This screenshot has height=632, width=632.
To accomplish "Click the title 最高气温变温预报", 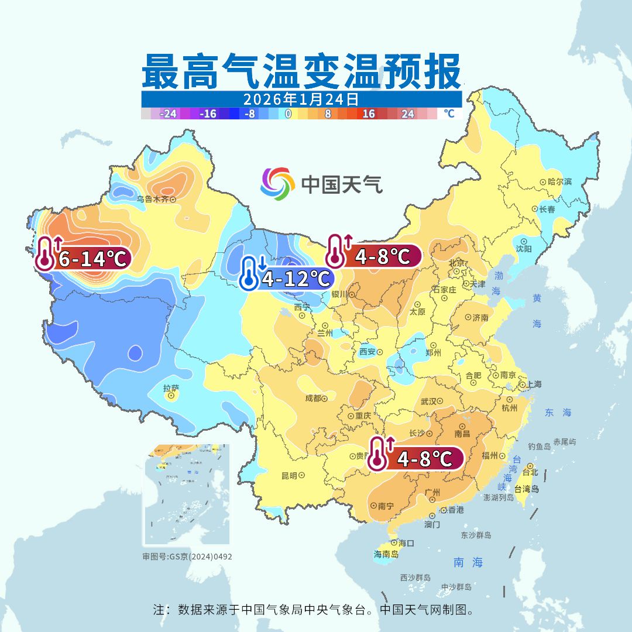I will tap(301, 71).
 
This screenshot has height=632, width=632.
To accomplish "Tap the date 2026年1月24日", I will tap(301, 98).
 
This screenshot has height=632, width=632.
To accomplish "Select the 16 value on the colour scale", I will tap(368, 114).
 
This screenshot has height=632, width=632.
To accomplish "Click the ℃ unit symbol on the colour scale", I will tap(449, 114).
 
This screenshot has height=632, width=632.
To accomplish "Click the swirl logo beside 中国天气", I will tap(277, 184).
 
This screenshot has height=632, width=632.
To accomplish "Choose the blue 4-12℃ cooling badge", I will tap(287, 278).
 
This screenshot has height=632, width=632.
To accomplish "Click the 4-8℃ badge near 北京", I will tap(375, 256).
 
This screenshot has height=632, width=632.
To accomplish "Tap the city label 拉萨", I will tap(171, 387).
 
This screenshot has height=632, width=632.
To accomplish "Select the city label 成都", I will tap(313, 399).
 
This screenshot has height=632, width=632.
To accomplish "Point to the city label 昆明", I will tap(289, 475).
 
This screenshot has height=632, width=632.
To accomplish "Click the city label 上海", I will tap(534, 384).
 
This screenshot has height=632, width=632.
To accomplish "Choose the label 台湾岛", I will tap(526, 489).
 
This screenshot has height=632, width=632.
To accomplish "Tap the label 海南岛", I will tap(386, 554).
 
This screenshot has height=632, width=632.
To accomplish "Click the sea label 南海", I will tap(468, 562).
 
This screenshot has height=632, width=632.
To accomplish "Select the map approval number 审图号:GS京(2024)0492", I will tap(187, 557).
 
